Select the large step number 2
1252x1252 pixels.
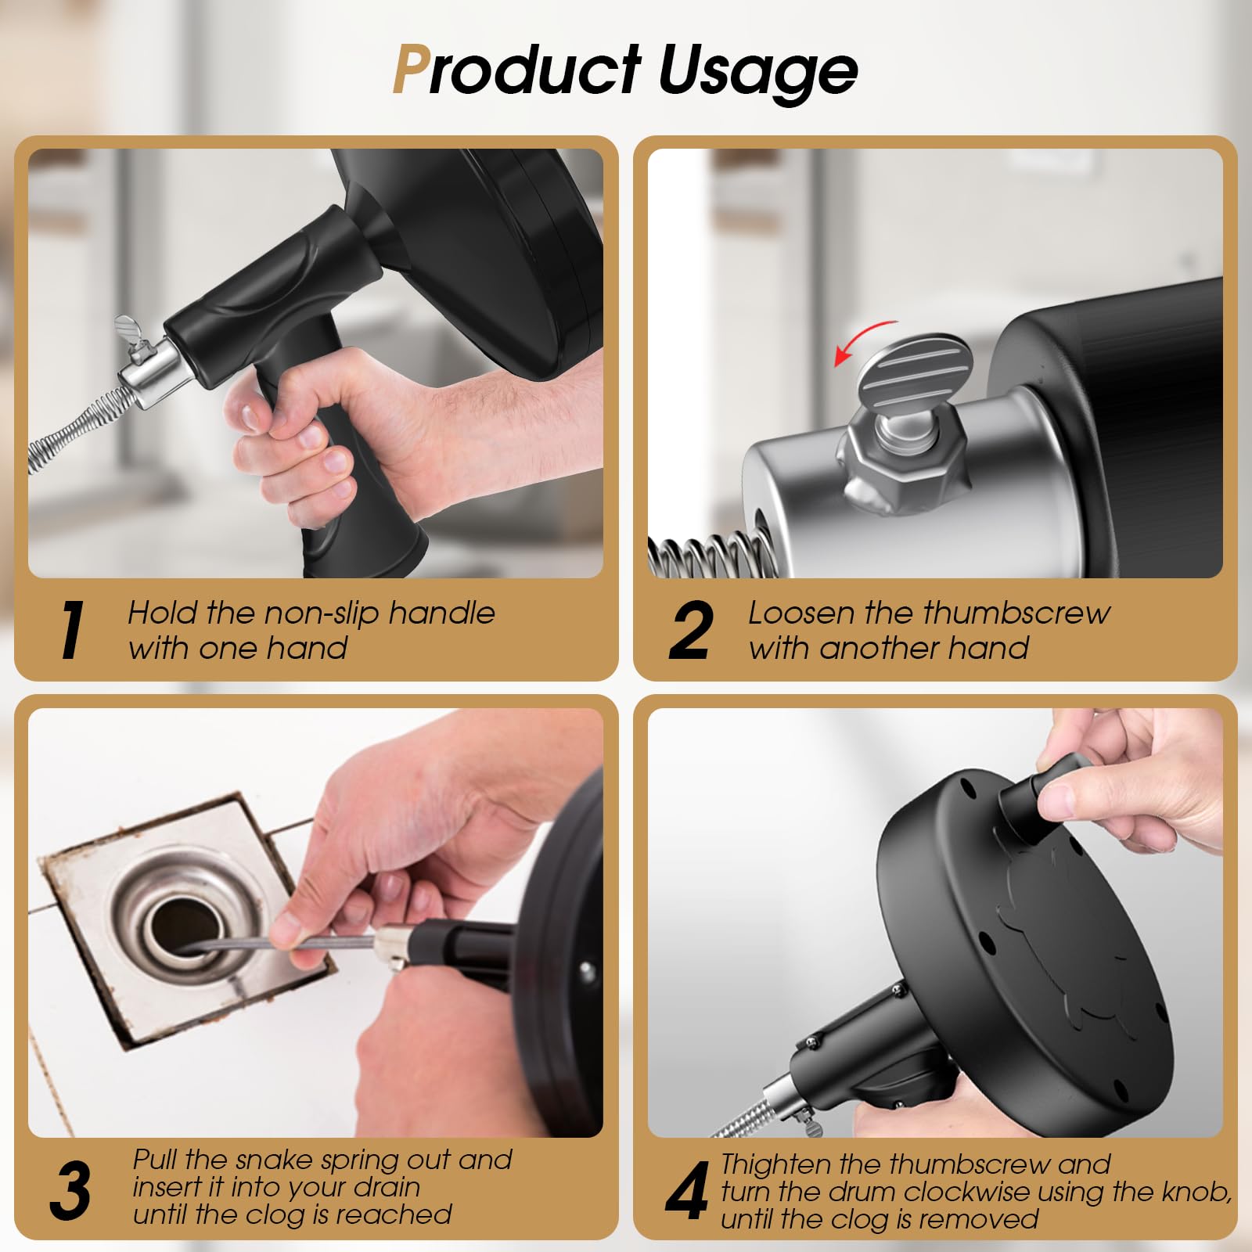(691, 630)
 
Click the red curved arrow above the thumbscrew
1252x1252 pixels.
(865, 340)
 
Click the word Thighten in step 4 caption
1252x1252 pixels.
(775, 1164)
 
